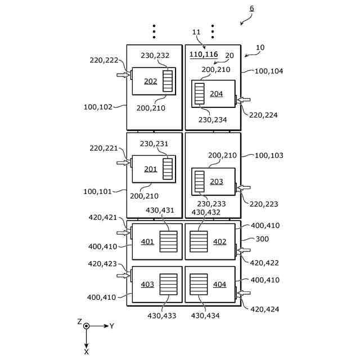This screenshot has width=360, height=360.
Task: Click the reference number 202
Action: point(150,81)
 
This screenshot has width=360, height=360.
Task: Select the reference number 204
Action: point(217,94)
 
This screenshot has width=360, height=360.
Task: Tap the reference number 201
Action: point(150,169)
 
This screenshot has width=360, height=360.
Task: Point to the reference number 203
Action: point(217,182)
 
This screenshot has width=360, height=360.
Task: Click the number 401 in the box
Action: point(147,242)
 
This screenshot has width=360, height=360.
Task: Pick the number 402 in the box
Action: point(220,242)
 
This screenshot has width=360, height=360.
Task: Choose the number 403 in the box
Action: point(147,285)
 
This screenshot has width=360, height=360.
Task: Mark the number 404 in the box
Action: point(220,285)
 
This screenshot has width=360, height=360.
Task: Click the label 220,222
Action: point(103,60)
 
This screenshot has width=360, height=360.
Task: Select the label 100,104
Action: point(269,71)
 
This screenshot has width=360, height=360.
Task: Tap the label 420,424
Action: point(264,309)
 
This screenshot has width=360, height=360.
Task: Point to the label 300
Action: point(262,238)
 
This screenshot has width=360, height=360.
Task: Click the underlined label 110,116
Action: point(204,55)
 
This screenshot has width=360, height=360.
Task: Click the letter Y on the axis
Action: point(112,326)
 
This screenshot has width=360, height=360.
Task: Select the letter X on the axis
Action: point(86,351)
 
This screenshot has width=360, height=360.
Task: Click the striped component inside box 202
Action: point(168,81)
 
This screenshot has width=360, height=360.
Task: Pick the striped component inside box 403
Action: point(168,285)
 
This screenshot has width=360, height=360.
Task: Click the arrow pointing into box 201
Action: point(123,163)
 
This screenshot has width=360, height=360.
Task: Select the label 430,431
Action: point(160,210)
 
